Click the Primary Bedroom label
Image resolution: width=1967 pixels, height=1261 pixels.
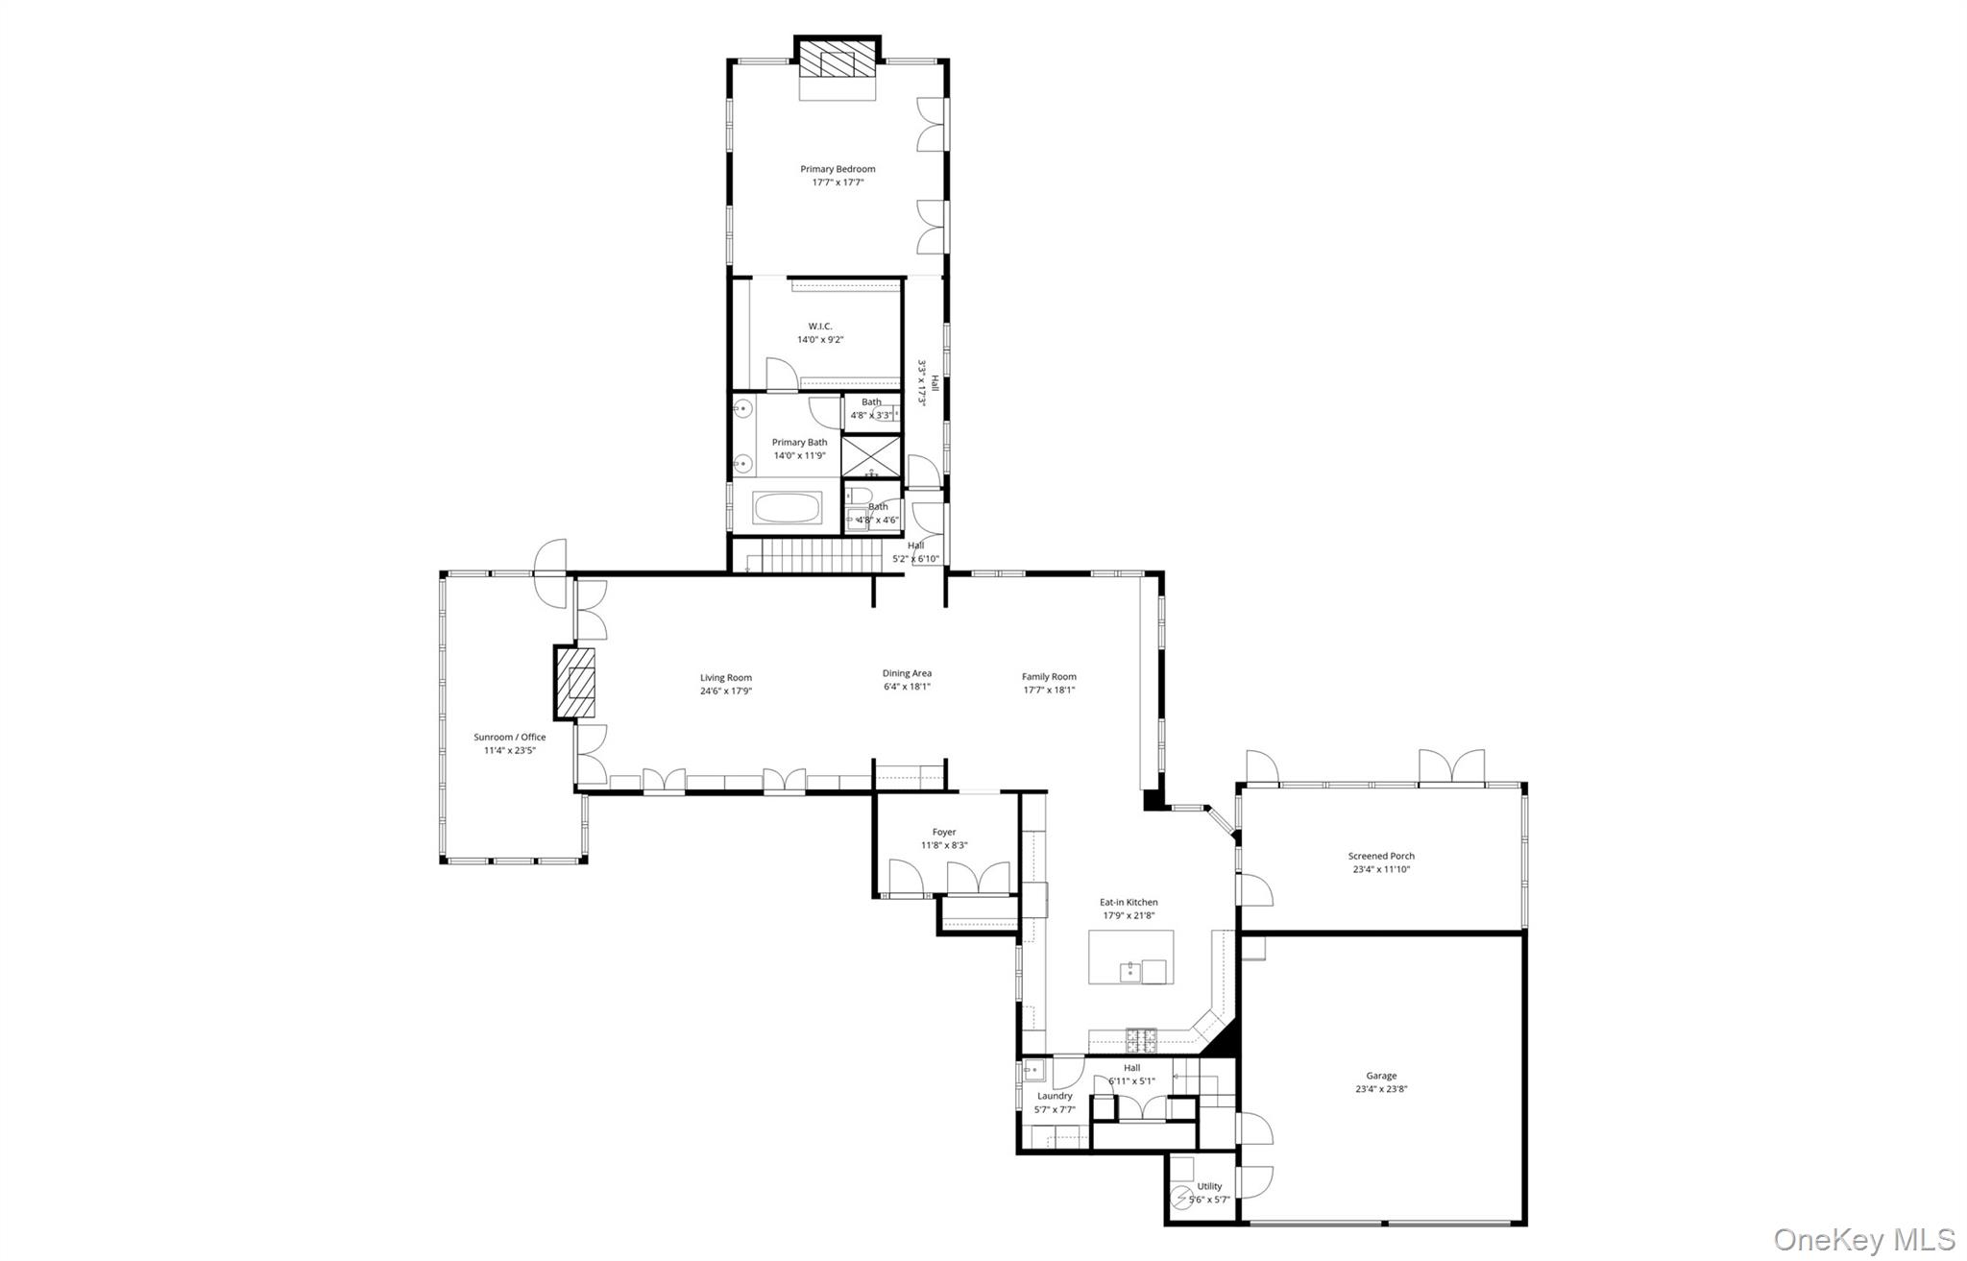(x=838, y=169)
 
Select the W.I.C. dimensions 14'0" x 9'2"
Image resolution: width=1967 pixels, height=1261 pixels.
(x=819, y=340)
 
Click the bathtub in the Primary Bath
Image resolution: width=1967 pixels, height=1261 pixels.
(x=788, y=508)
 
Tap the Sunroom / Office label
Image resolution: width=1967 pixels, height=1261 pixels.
(x=509, y=738)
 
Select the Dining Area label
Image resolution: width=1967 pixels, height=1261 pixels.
(x=907, y=673)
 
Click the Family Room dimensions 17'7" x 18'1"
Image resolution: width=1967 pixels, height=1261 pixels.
(x=1049, y=690)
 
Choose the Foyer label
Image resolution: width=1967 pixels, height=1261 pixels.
(x=944, y=833)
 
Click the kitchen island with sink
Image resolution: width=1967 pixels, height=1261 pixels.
(x=1130, y=958)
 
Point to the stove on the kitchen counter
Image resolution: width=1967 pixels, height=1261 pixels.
(x=1141, y=1038)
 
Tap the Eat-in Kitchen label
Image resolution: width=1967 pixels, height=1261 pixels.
(x=1129, y=903)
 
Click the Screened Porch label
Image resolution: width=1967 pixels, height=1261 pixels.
(x=1381, y=856)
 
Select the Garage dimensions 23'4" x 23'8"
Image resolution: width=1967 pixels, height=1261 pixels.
(x=1381, y=1089)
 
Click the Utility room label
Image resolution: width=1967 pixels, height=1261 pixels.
(x=1209, y=1186)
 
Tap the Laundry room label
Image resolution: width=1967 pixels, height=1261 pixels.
(x=1055, y=1096)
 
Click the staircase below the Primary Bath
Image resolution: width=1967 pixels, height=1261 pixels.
(x=816, y=555)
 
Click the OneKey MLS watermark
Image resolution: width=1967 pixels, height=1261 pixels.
(x=1863, y=1239)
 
